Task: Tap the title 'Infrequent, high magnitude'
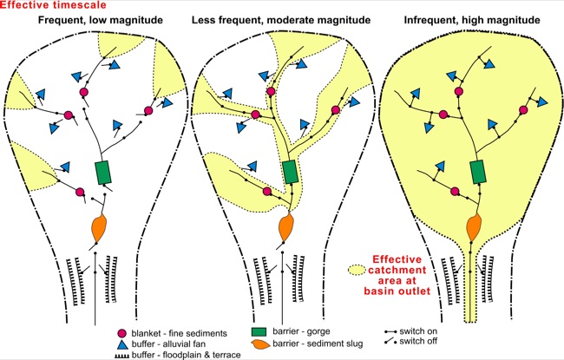pos(471,19)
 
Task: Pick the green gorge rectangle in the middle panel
pos(290,170)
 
